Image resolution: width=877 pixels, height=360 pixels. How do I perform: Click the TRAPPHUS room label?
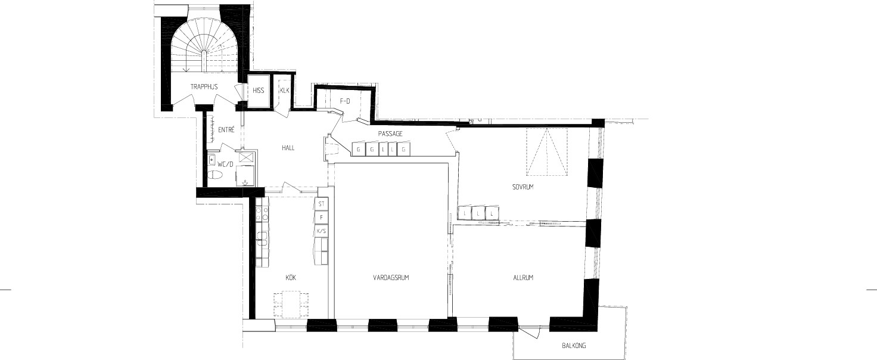pyautogui.click(x=204, y=86)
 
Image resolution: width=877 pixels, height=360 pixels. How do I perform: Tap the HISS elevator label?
pyautogui.click(x=259, y=91)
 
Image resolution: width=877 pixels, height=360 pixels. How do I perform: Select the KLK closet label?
pyautogui.click(x=285, y=91)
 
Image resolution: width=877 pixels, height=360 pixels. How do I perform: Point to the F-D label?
pyautogui.click(x=345, y=101)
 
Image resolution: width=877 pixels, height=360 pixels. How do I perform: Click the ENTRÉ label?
pyautogui.click(x=226, y=130)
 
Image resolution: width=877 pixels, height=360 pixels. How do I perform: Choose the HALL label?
pyautogui.click(x=288, y=148)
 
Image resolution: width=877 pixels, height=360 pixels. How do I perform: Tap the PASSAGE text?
pyautogui.click(x=390, y=134)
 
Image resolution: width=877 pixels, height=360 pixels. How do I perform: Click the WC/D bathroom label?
pyautogui.click(x=225, y=165)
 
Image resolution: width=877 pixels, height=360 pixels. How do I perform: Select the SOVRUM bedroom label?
pyautogui.click(x=523, y=187)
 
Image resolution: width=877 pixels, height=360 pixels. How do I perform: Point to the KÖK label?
pyautogui.click(x=291, y=278)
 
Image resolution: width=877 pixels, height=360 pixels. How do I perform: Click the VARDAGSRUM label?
pyautogui.click(x=391, y=278)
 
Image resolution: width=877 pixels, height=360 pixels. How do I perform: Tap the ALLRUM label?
pyautogui.click(x=524, y=278)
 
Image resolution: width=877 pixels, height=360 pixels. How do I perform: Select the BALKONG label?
pyautogui.click(x=574, y=346)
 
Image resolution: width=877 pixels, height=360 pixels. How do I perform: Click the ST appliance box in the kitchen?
pyautogui.click(x=322, y=204)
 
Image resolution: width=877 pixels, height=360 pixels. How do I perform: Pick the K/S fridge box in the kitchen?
pyautogui.click(x=322, y=231)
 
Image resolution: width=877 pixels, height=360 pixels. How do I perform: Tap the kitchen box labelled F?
pyautogui.click(x=322, y=218)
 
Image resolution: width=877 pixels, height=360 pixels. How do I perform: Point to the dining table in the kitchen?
pyautogui.click(x=290, y=304)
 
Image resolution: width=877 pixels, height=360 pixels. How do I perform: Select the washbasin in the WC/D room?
pyautogui.click(x=212, y=160)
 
